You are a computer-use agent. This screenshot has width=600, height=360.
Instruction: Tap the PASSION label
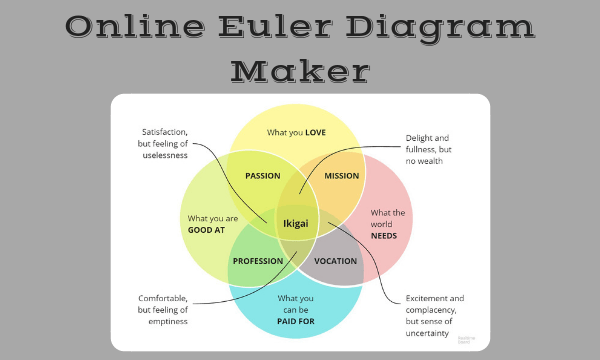click(262, 176)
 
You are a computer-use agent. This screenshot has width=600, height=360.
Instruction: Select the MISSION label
click(342, 176)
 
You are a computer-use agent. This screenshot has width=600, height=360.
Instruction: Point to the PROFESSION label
click(258, 261)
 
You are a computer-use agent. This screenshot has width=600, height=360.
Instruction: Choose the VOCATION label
click(335, 261)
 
